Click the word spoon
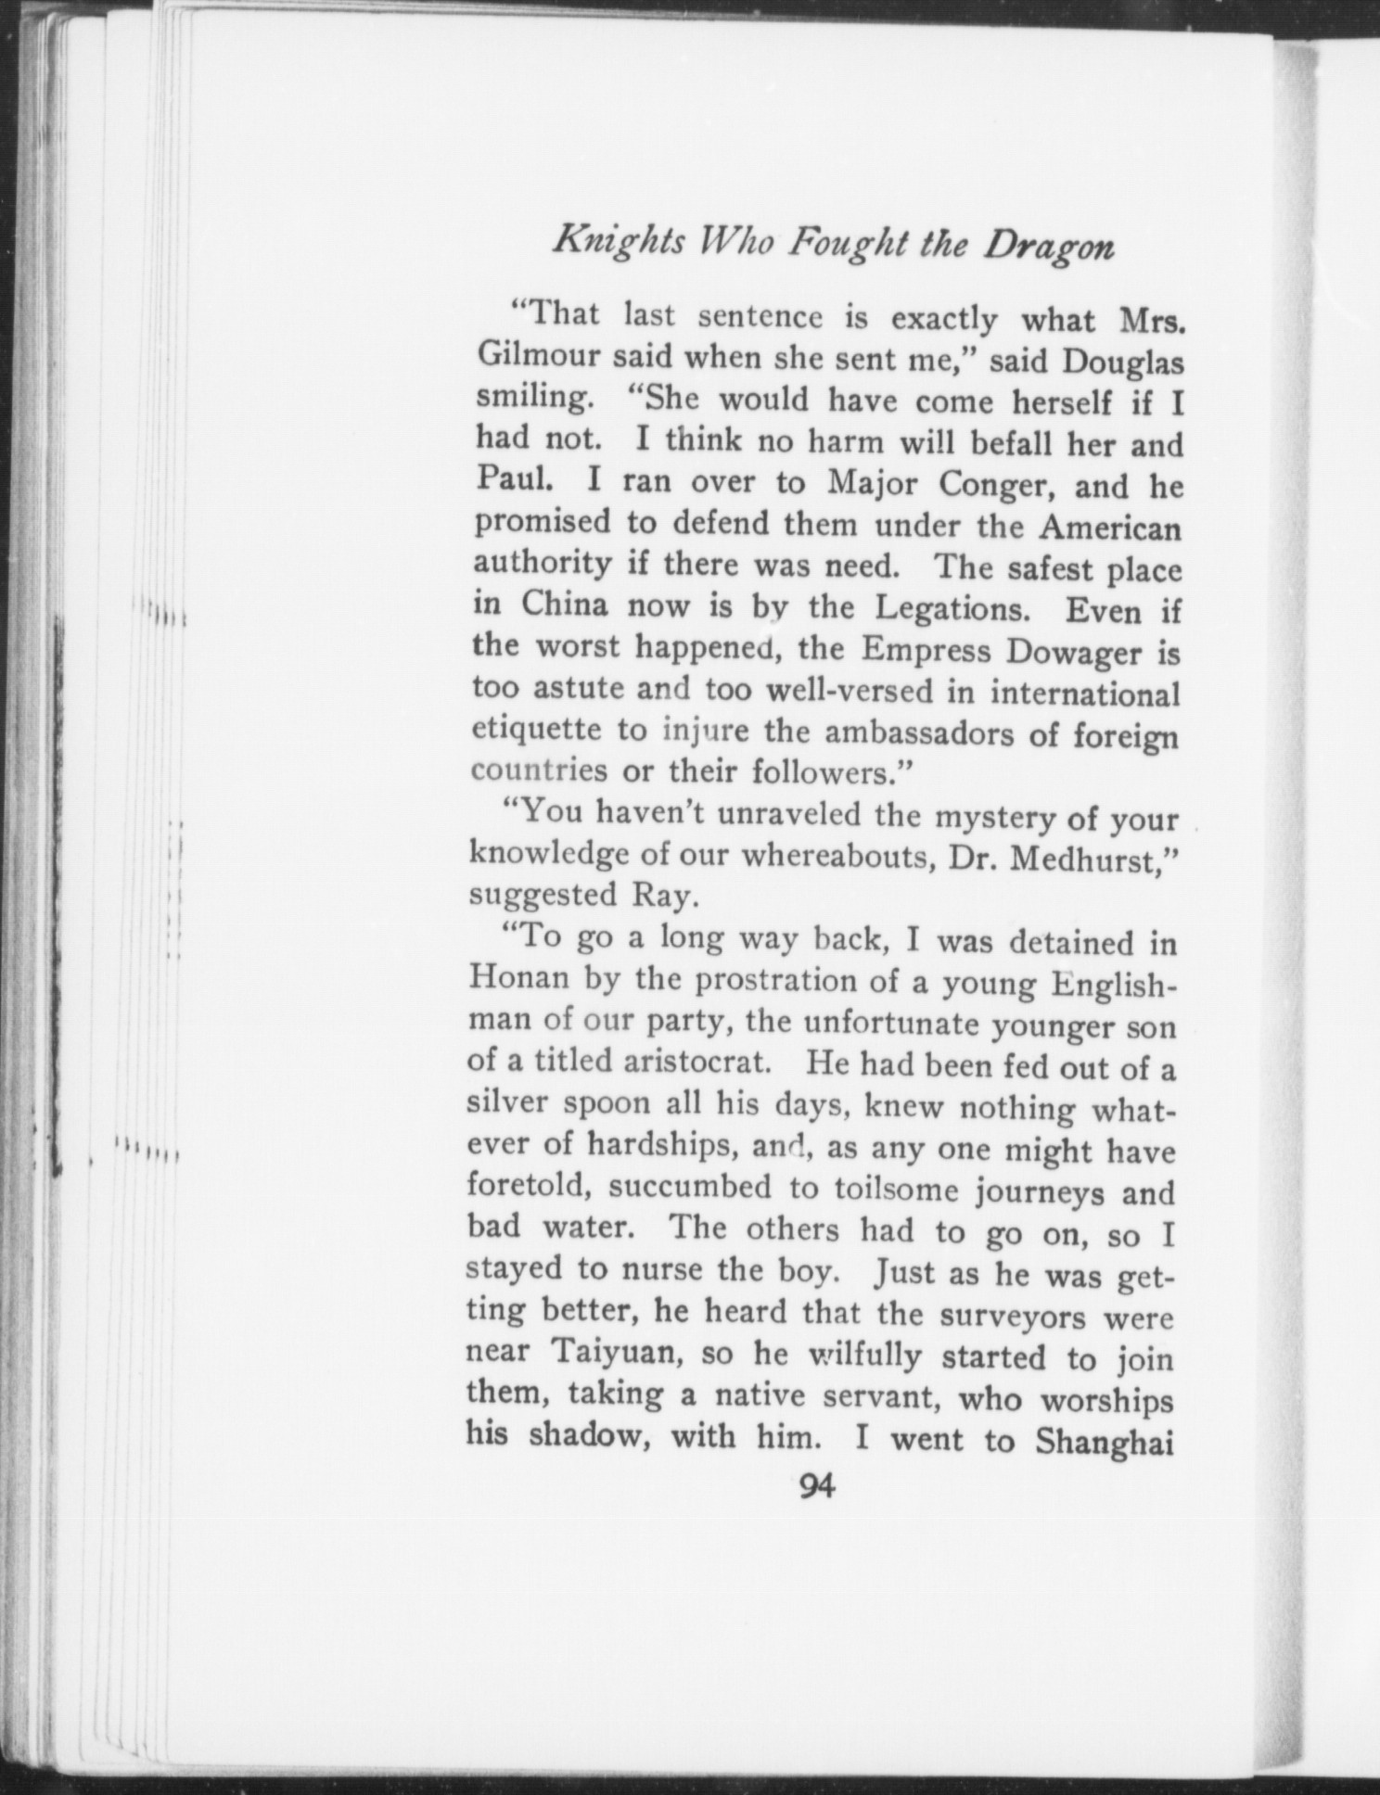tap(606, 1104)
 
